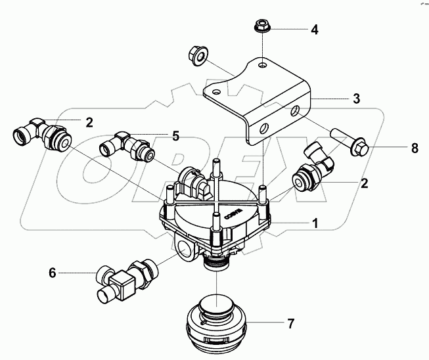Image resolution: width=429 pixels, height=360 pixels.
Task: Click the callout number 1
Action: pos(315,224)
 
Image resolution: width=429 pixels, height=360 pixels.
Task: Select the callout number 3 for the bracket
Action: pos(355,99)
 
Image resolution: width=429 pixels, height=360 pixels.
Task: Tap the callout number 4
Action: pos(315,30)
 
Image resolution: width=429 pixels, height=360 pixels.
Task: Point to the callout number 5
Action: pos(175,137)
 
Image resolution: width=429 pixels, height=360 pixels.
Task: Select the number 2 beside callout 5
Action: pos(89,122)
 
